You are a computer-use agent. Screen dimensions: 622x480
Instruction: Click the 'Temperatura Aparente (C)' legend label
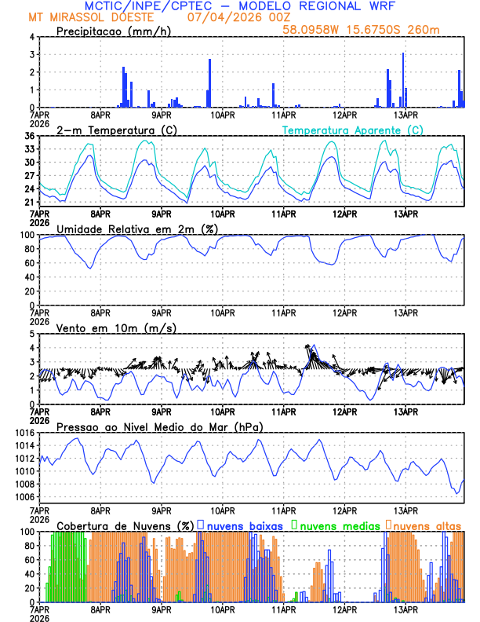click(x=352, y=130)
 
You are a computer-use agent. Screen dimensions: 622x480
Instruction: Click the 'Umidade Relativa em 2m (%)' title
click(x=136, y=229)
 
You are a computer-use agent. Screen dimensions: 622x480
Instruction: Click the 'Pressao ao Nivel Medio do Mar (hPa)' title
click(x=159, y=426)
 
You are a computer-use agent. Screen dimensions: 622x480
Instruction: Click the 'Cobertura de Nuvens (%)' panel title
click(x=125, y=525)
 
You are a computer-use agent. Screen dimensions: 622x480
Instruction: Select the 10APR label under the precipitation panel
click(x=222, y=115)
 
